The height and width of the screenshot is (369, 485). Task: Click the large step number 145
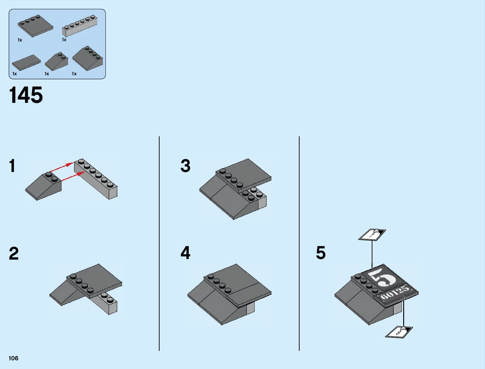[26, 95]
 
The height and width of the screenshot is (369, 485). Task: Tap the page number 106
[14, 358]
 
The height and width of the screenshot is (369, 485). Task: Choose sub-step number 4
[185, 253]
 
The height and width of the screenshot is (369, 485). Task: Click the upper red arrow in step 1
[61, 167]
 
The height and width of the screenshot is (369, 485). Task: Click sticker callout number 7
[372, 235]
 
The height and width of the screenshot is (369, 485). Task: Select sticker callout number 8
[399, 332]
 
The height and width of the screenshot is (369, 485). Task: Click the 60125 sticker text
[395, 292]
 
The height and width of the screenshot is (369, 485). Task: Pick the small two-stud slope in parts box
[56, 61]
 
